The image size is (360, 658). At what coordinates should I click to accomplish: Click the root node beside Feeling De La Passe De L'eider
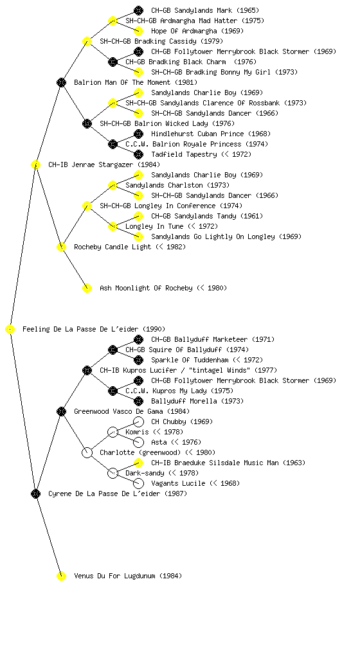[10, 329]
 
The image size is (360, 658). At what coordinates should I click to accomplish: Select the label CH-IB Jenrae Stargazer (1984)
[104, 164]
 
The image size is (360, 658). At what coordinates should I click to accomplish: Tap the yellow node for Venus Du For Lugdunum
[61, 576]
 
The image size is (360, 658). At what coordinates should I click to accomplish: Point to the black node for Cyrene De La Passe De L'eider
[35, 493]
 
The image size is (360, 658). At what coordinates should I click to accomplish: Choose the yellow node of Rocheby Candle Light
[61, 247]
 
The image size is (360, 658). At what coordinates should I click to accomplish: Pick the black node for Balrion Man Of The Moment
[61, 82]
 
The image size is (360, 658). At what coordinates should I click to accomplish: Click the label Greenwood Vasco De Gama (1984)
[132, 411]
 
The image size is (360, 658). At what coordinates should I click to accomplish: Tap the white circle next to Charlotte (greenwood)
[87, 452]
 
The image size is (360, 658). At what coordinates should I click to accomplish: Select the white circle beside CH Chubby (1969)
[138, 422]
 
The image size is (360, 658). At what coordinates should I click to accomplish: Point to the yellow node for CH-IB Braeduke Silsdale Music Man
[138, 463]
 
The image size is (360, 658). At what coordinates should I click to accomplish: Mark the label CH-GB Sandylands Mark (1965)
[205, 10]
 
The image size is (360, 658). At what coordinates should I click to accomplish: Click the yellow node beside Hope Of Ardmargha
[138, 31]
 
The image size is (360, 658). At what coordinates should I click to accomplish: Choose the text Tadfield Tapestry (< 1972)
[201, 154]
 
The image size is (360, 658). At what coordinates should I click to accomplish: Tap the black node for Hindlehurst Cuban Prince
[138, 134]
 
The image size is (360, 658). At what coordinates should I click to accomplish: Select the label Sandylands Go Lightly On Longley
[213, 236]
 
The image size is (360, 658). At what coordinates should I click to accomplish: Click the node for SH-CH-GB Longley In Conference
[87, 206]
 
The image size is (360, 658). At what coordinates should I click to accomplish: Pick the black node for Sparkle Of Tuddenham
[138, 360]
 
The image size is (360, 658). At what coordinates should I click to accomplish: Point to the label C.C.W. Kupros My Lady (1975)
[179, 391]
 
